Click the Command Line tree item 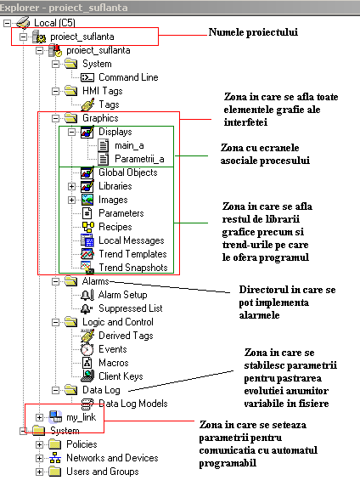click(x=128, y=77)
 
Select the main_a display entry click(x=129, y=145)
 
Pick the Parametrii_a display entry click(x=139, y=159)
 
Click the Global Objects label click(x=128, y=172)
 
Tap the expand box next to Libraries click(x=71, y=186)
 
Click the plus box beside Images click(x=71, y=200)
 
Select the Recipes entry click(x=115, y=227)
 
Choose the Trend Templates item click(x=132, y=254)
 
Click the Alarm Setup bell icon click(x=87, y=295)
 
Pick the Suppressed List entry click(x=131, y=308)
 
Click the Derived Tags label click(x=126, y=336)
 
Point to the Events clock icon click(x=87, y=349)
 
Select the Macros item click(x=114, y=363)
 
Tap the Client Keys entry click(x=121, y=376)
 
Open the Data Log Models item click(x=133, y=404)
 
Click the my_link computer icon click(x=55, y=417)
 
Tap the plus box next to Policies click(x=39, y=444)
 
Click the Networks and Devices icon click(x=55, y=458)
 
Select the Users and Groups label click(x=103, y=472)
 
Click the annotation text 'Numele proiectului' click(x=253, y=32)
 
